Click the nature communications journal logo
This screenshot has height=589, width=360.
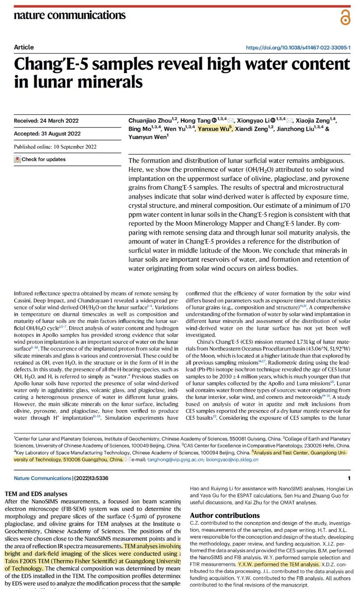70,15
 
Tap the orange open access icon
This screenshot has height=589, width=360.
345,18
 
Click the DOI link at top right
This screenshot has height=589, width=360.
298,47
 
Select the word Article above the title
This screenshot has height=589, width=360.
24,47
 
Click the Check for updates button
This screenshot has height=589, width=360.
40,159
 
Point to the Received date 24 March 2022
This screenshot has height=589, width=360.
46,121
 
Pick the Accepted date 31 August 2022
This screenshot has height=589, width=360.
47,134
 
